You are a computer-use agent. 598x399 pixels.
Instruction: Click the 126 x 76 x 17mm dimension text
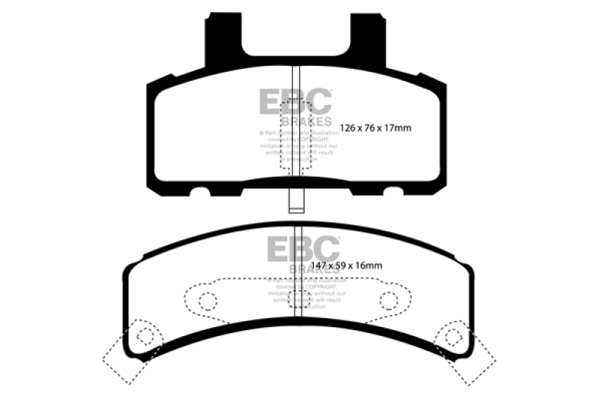point(375,128)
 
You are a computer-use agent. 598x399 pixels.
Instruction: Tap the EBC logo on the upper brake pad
point(295,102)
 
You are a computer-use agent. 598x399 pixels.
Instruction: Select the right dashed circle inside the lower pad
point(388,301)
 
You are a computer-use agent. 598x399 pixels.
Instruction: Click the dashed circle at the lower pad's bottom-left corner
point(146,336)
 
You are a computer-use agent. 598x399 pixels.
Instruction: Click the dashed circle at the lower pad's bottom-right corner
point(452,337)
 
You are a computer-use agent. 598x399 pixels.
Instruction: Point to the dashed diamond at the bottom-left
point(132,352)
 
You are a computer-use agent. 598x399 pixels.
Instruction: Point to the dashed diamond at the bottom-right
point(465,352)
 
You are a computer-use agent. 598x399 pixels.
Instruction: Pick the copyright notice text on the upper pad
point(297,147)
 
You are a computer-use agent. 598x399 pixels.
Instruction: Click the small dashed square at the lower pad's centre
point(299,299)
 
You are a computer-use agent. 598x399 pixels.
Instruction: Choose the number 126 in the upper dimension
point(349,128)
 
